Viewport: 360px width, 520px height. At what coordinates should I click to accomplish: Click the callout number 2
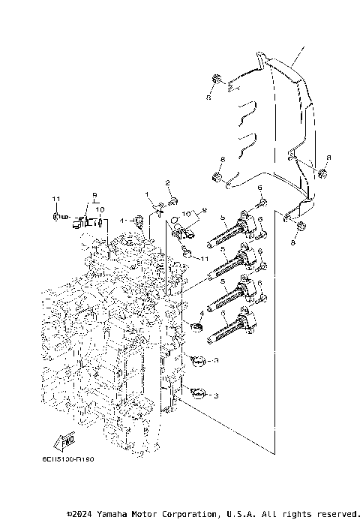pyautogui.click(x=168, y=182)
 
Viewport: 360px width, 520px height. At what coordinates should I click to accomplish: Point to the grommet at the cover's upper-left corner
pyautogui.click(x=214, y=80)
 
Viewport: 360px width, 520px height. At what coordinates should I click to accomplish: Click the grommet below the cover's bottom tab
pyautogui.click(x=299, y=227)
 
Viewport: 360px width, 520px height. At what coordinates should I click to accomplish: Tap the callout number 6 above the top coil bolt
pyautogui.click(x=259, y=187)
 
